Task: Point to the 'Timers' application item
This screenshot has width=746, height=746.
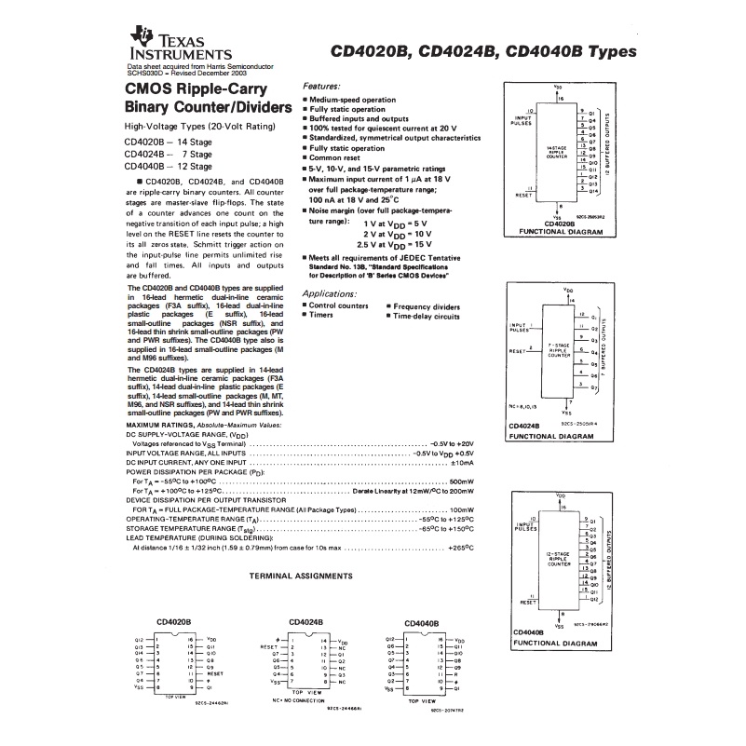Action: (323, 316)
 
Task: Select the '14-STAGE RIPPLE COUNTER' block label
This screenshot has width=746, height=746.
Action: (558, 153)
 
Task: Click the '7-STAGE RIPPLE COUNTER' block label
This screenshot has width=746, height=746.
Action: (559, 351)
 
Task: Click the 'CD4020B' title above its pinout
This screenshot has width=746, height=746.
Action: (173, 622)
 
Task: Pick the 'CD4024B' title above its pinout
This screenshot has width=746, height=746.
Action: (306, 620)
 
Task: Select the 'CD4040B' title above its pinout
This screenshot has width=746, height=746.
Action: (423, 623)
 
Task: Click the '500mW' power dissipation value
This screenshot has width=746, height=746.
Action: (461, 480)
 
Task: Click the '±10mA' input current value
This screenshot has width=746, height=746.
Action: (463, 462)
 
